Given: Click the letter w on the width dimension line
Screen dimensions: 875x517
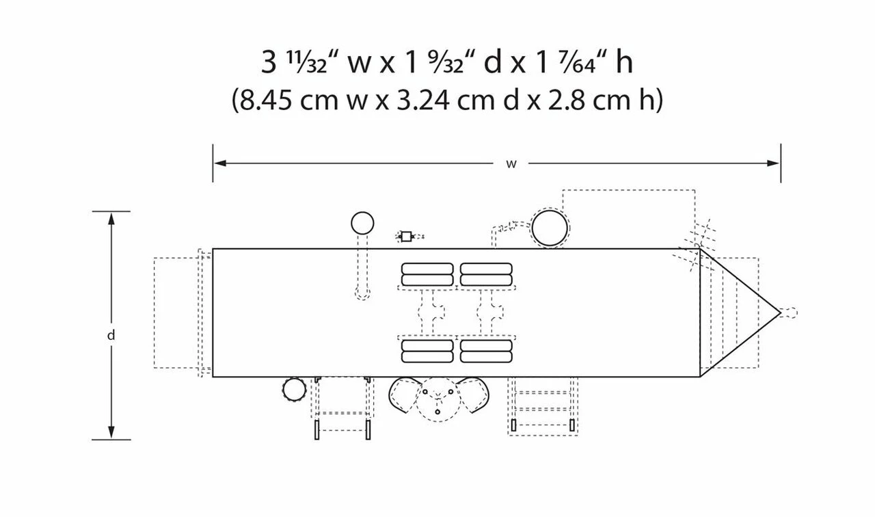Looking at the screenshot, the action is [511, 164].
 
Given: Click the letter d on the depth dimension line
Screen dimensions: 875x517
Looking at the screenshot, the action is [111, 335].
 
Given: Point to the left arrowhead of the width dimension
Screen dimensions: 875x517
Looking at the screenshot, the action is [220, 163].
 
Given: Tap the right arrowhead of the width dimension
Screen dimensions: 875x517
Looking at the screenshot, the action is [773, 163].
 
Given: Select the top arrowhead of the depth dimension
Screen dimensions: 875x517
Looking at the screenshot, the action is [111, 219].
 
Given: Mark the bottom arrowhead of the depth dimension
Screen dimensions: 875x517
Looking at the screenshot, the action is [111, 432].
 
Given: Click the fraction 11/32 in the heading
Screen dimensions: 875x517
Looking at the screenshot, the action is [307, 62].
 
